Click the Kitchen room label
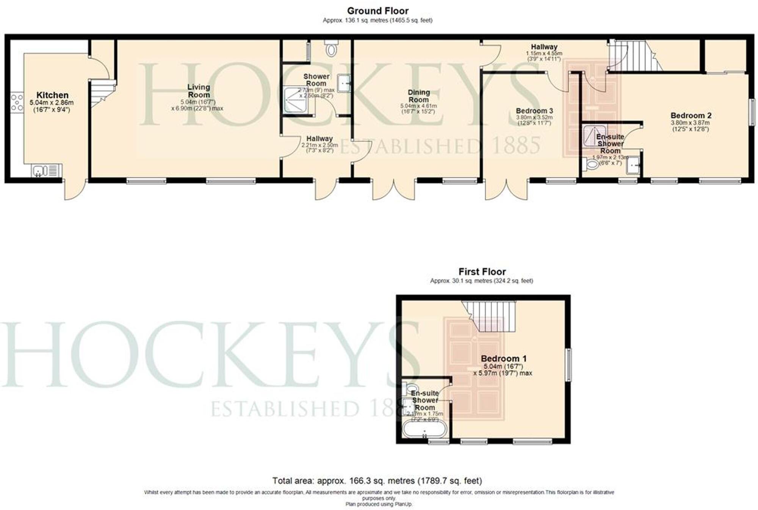click(52, 95)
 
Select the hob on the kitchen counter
click(17, 103)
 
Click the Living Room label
click(199, 91)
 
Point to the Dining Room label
click(418, 96)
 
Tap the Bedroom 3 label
click(534, 111)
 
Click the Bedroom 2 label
click(691, 116)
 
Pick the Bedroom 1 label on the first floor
click(503, 358)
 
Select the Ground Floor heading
click(377, 11)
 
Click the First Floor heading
click(482, 272)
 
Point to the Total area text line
click(377, 481)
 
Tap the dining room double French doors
click(394, 189)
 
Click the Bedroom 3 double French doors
click(506, 189)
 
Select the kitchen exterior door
click(75, 189)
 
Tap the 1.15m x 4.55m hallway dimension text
click(544, 54)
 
